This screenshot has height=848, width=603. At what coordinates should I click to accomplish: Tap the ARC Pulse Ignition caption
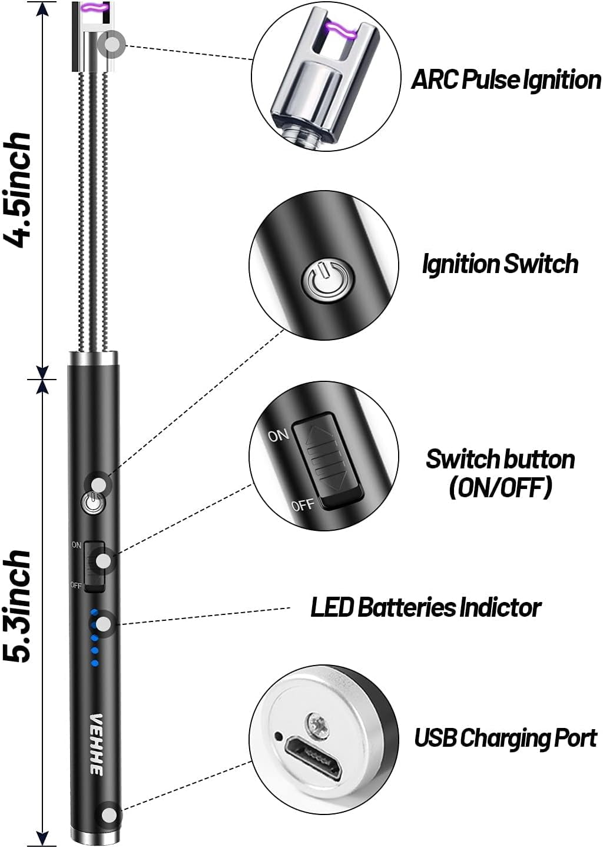tap(505, 79)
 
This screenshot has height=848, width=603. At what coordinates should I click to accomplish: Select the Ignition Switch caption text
tap(500, 264)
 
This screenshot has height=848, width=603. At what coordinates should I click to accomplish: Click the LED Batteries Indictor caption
tap(425, 607)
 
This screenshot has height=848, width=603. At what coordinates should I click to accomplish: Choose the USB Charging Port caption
tap(505, 737)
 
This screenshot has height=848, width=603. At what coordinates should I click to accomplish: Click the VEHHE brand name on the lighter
tap(96, 744)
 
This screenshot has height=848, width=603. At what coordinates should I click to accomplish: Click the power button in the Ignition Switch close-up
tap(328, 281)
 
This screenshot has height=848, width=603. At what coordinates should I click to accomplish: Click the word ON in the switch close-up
tap(279, 435)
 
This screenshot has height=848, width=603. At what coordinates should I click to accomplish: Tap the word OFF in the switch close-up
tap(303, 505)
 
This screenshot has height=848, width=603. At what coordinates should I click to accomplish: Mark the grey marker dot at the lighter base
tap(110, 815)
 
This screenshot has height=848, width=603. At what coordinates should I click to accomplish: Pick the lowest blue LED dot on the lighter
tap(94, 664)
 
